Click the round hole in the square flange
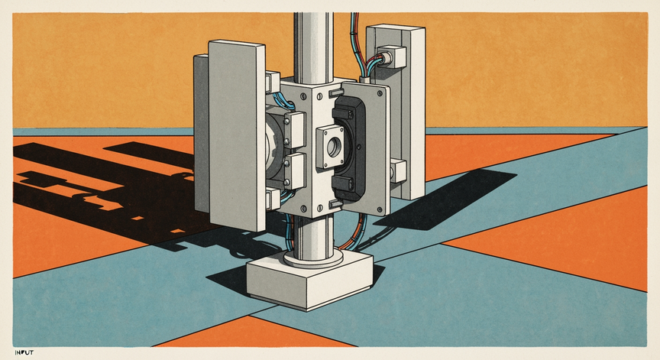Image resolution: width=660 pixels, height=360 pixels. [335, 146]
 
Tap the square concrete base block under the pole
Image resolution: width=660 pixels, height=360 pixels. [310, 281]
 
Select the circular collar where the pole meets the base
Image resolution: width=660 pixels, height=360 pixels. [313, 258]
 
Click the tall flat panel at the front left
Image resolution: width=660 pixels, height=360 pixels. [237, 135]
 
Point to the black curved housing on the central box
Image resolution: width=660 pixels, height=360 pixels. [349, 148]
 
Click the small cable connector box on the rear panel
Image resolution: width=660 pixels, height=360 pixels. [391, 57]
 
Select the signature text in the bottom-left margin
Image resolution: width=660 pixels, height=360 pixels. [24, 352]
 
